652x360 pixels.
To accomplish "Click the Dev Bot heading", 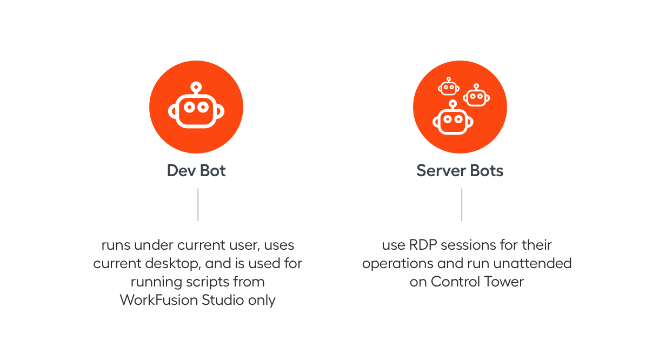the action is pyautogui.click(x=196, y=171).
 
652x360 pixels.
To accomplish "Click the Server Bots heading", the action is pyautogui.click(x=460, y=171).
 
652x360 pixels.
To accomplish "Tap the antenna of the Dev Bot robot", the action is pyautogui.click(x=196, y=88).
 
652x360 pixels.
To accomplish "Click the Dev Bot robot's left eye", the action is pyautogui.click(x=189, y=108).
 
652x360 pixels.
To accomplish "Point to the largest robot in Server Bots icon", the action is pyautogui.click(x=453, y=119).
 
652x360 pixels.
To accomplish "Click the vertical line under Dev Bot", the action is pyautogui.click(x=198, y=204).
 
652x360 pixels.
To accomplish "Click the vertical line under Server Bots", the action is pyautogui.click(x=462, y=204).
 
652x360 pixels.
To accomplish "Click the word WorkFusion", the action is pyautogui.click(x=159, y=300).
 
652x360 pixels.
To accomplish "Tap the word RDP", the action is pyautogui.click(x=423, y=245).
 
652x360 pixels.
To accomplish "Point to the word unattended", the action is pyautogui.click(x=533, y=263).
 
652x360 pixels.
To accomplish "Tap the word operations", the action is pyautogui.click(x=398, y=264).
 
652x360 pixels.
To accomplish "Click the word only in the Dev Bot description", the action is pyautogui.click(x=261, y=301).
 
